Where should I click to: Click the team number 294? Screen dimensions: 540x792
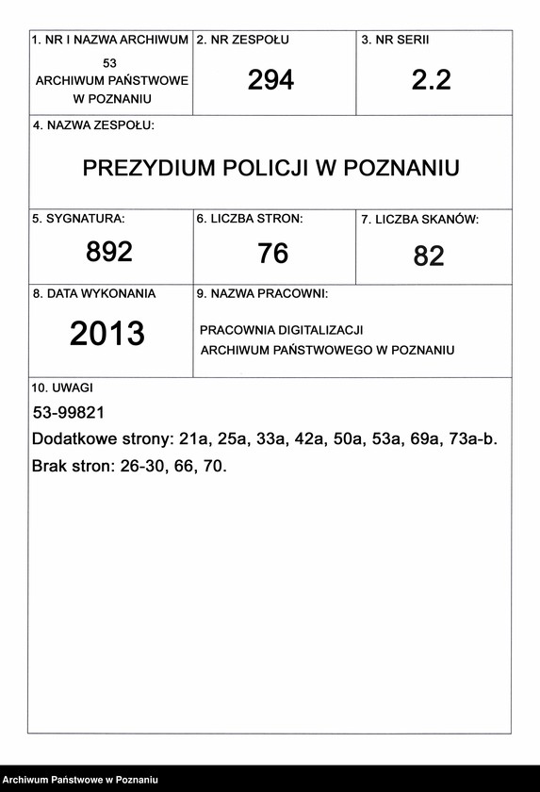[270, 80]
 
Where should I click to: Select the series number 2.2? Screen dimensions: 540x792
[431, 80]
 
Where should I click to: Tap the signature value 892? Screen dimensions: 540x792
[109, 252]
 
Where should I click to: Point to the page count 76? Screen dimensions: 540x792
[272, 254]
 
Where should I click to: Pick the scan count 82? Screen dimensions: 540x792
[429, 256]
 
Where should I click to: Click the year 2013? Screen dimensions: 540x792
[107, 333]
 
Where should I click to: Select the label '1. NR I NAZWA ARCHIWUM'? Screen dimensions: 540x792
[110, 41]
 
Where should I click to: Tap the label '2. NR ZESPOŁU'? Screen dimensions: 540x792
[242, 41]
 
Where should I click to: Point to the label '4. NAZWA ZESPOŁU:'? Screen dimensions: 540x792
[93, 125]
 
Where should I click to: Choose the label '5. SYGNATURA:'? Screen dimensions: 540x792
[78, 219]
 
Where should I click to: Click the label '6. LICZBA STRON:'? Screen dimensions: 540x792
[250, 219]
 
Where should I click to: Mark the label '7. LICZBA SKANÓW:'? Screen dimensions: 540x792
[419, 220]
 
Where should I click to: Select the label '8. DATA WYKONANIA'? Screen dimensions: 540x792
[94, 294]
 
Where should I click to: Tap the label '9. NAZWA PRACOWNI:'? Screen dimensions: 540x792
[262, 294]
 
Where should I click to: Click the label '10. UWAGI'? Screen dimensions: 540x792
[62, 388]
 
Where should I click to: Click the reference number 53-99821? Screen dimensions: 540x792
[68, 413]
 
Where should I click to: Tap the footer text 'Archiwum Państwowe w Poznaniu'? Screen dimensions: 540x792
[80, 780]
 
